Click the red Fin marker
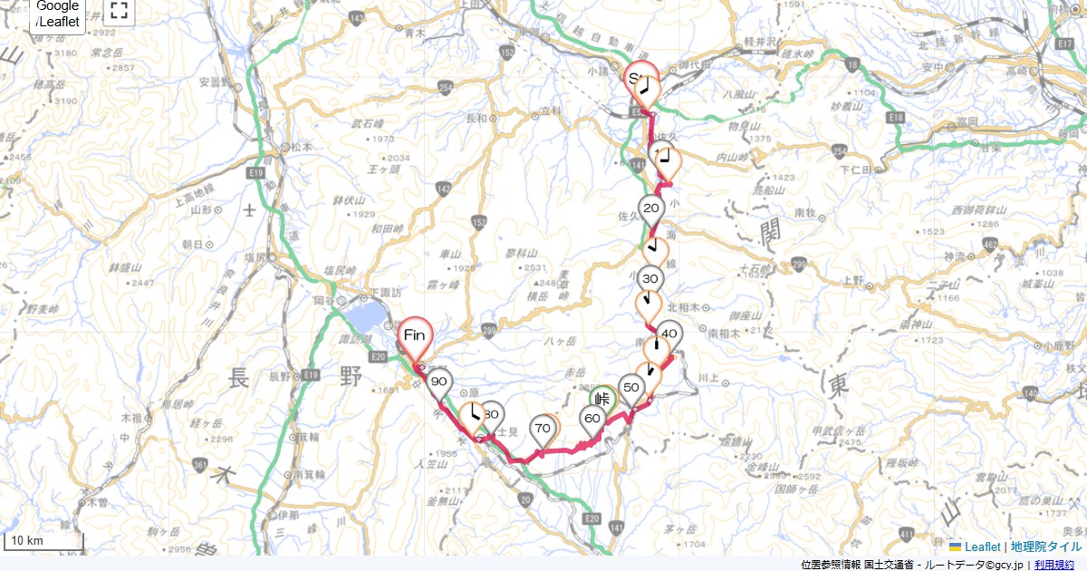(x=414, y=336)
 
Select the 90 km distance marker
(x=439, y=382)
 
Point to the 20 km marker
(x=650, y=209)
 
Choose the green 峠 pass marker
(x=602, y=398)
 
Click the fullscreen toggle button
(x=119, y=11)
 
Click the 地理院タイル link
(x=1046, y=547)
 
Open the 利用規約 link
(x=1054, y=565)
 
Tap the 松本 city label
(x=302, y=146)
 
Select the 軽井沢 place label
(x=756, y=43)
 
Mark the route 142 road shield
(x=443, y=189)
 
